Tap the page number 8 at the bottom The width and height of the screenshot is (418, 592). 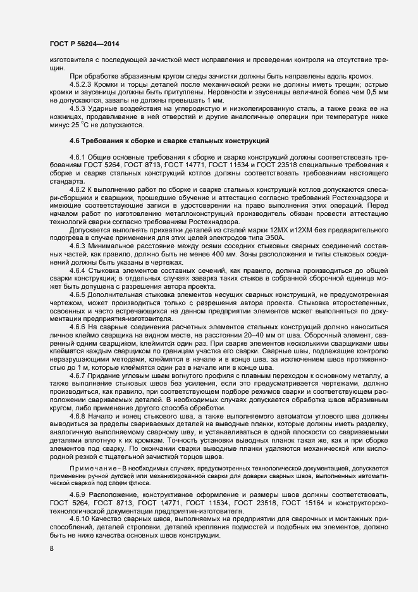[x=51, y=548]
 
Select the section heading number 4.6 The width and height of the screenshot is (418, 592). [x=77, y=157]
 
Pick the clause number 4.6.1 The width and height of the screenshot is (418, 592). [x=78, y=173]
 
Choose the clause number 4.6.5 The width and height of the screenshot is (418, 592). [x=78, y=294]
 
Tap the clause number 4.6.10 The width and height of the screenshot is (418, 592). [x=80, y=519]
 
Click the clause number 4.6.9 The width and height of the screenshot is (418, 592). [x=78, y=494]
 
